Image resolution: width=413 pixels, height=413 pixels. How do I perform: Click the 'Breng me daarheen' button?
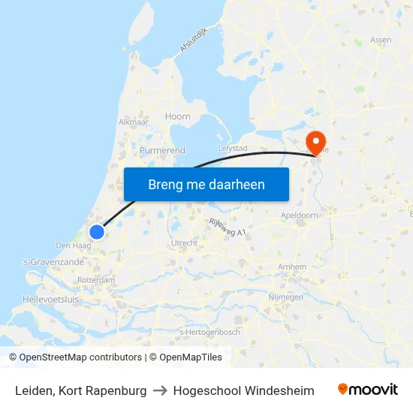(x=206, y=184)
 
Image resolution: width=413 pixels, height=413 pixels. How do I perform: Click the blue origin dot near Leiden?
(x=97, y=232)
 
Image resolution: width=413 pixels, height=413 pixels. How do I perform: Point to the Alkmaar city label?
(x=132, y=121)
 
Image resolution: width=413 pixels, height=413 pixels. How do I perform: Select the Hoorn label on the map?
(x=178, y=116)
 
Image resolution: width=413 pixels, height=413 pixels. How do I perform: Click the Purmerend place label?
(x=162, y=150)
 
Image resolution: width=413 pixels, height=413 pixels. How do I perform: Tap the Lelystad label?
(x=233, y=148)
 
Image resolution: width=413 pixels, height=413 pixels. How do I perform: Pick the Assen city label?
(x=381, y=40)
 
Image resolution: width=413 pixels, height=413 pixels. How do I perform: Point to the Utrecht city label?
(x=185, y=243)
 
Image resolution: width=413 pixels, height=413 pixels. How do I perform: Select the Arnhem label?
(x=291, y=267)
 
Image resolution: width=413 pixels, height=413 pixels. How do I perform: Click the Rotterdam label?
(x=96, y=280)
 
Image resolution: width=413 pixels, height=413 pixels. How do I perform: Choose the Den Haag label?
(x=74, y=246)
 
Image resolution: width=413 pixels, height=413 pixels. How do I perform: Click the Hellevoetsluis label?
(x=51, y=299)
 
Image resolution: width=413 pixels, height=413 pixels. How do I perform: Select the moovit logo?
(x=368, y=390)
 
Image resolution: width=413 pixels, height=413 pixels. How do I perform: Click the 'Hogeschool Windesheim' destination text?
(x=243, y=390)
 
